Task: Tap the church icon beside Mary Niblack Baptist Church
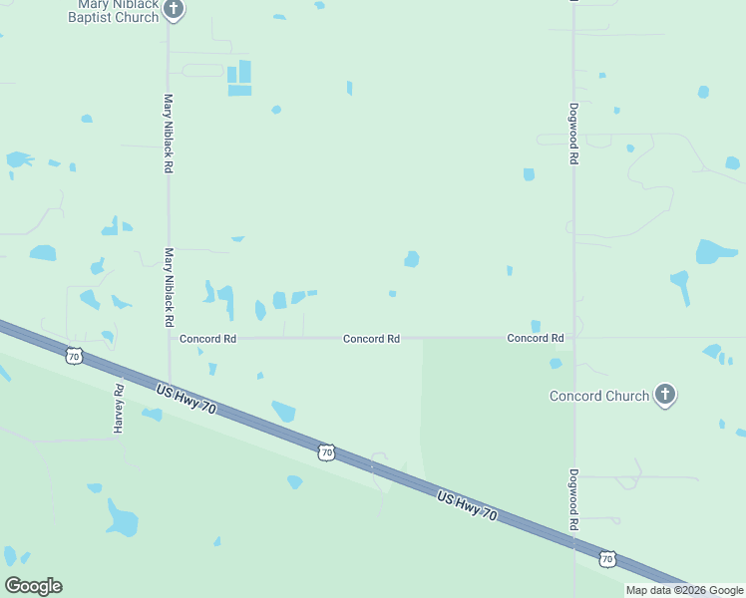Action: (175, 10)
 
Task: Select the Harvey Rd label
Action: (118, 409)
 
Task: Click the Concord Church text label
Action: (599, 396)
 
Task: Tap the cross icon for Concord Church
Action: (665, 395)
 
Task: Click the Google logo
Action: (33, 586)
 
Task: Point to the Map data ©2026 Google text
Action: (684, 590)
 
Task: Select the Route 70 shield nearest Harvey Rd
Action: (73, 355)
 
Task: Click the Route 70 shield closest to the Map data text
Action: (607, 558)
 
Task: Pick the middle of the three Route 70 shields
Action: (326, 452)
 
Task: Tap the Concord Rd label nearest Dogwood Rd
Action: (536, 339)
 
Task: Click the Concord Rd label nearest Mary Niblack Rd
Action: (207, 339)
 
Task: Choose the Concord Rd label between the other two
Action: (371, 339)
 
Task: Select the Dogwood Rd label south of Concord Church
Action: (573, 500)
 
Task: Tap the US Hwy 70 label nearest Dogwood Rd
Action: (467, 503)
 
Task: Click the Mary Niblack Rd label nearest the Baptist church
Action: (169, 134)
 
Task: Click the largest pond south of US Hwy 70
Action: (122, 519)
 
